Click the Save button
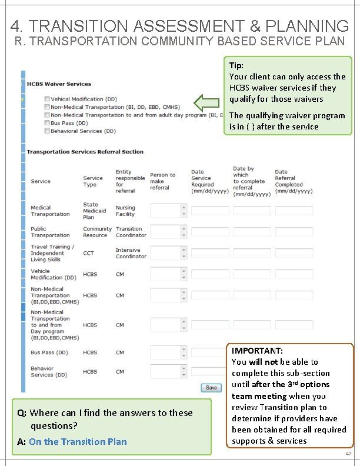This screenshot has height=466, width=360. click(211, 388)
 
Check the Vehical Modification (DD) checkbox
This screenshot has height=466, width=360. click(47, 99)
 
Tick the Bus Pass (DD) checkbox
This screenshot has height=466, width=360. click(47, 124)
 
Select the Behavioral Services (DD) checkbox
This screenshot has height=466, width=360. click(47, 131)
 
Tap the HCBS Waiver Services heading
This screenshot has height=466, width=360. click(59, 84)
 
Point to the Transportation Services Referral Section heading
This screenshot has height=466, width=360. click(85, 152)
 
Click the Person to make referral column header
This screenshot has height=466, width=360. click(162, 181)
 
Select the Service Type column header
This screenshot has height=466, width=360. click(93, 181)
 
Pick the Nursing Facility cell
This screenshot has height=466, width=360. click(125, 211)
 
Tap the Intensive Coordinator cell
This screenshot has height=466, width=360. click(131, 253)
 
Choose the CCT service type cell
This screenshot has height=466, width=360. click(88, 253)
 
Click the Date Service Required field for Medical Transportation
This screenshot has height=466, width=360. click(210, 211)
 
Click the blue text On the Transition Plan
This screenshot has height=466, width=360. click(78, 442)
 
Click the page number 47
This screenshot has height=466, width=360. click(348, 454)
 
